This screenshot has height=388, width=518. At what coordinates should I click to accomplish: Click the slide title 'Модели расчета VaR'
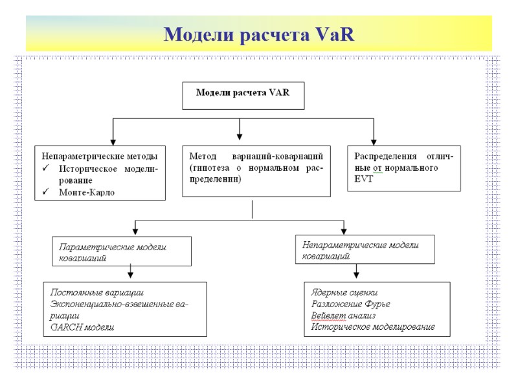pyautogui.click(x=259, y=34)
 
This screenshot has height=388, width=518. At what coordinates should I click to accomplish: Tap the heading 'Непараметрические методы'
pyautogui.click(x=100, y=156)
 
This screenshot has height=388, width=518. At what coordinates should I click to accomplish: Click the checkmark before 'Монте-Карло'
pyautogui.click(x=46, y=192)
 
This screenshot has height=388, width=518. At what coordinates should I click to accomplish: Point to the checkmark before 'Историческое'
pyautogui.click(x=46, y=168)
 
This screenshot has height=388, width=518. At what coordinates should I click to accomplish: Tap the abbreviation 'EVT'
pyautogui.click(x=365, y=178)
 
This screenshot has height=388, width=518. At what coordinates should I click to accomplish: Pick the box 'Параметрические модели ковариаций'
pyautogui.click(x=122, y=252)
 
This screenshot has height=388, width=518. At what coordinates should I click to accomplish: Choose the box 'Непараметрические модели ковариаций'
pyautogui.click(x=365, y=250)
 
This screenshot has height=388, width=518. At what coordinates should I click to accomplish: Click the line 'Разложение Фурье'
pyautogui.click(x=351, y=304)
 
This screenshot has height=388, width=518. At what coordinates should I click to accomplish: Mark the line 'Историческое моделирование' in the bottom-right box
pyautogui.click(x=372, y=327)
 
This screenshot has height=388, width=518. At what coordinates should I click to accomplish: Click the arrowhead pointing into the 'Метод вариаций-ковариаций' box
pyautogui.click(x=240, y=137)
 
